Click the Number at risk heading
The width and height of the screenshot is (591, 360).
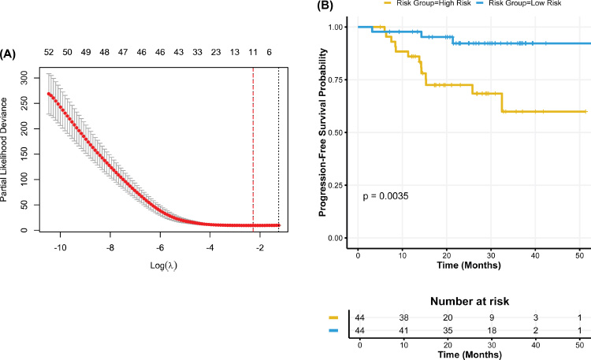pos(470,301)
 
